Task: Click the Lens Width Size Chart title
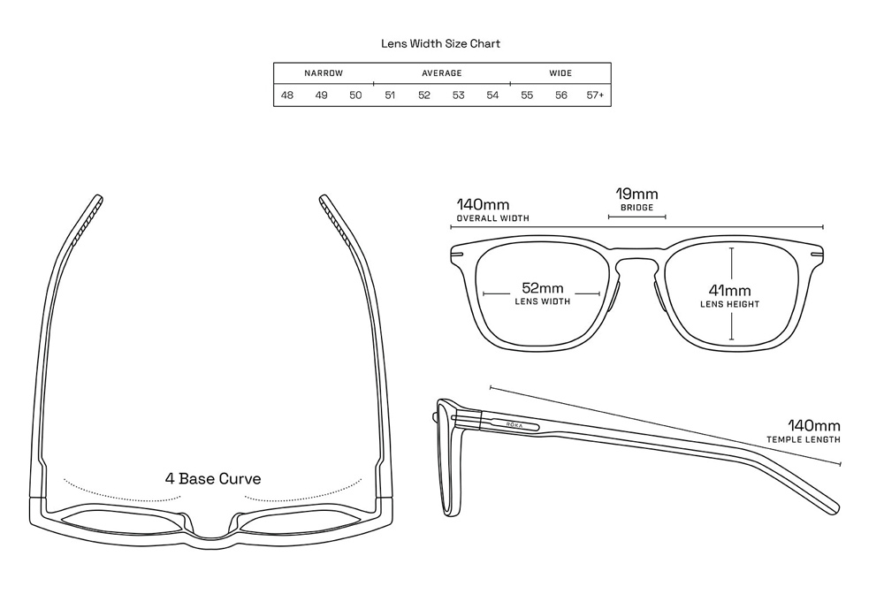click(440, 43)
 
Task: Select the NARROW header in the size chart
click(324, 73)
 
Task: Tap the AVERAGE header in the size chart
click(441, 73)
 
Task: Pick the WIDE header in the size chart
click(560, 73)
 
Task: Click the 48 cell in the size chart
click(287, 95)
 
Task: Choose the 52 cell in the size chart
click(424, 95)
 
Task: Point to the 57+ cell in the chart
click(595, 95)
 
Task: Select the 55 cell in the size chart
click(527, 95)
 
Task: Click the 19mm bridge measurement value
click(636, 194)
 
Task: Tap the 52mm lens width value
click(542, 288)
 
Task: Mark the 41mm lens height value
click(729, 290)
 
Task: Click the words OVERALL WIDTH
click(492, 218)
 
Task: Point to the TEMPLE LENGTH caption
click(803, 439)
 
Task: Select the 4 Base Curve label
click(213, 479)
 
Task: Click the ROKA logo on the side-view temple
click(514, 424)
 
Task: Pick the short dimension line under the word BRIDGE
click(636, 217)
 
